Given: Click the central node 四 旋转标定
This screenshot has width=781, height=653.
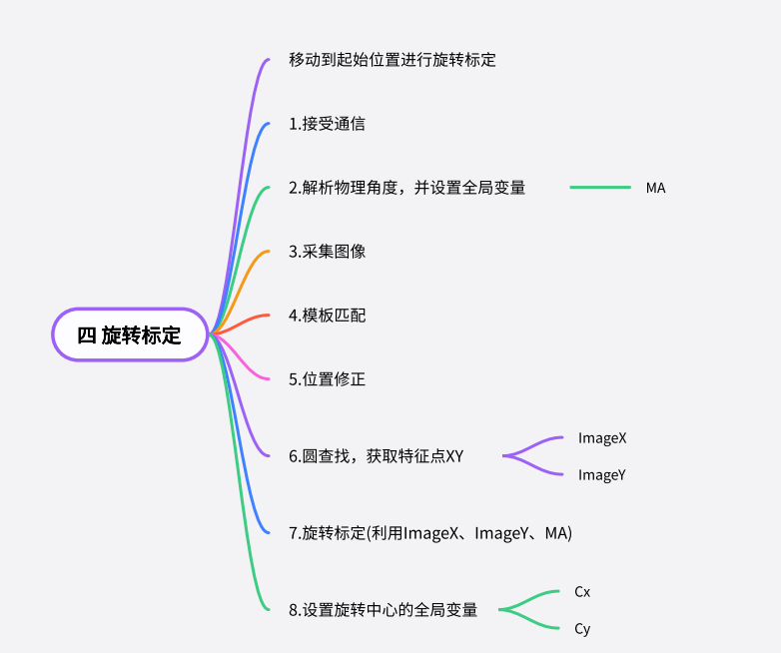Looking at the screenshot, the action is tap(130, 334).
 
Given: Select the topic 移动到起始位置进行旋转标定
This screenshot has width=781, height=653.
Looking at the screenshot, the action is tap(392, 60).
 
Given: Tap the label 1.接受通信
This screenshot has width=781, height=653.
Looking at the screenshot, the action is tap(327, 124).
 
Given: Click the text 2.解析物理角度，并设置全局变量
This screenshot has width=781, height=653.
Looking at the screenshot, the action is tap(407, 188).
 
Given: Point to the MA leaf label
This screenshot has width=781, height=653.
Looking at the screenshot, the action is tap(655, 188).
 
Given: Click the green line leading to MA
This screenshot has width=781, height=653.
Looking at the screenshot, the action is tap(600, 188).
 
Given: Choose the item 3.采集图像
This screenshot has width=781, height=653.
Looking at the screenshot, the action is tap(328, 251).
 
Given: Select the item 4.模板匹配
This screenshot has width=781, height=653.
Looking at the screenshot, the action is tap(328, 315).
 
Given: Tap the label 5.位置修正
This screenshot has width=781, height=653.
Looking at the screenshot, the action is tap(328, 379).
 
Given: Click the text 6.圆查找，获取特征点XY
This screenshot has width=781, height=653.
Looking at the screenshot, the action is tap(377, 456).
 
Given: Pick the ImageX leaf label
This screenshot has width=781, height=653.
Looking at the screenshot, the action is tap(602, 438).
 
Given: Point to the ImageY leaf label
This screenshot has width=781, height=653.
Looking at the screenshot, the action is tap(602, 475).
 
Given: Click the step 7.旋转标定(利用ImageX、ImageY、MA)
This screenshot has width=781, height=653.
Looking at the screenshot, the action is tap(430, 533).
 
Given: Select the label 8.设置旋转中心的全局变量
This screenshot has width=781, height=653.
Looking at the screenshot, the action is tap(384, 610).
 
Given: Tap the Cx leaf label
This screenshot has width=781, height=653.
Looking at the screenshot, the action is tap(582, 592).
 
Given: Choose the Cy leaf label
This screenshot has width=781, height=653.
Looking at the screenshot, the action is tap(582, 629).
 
